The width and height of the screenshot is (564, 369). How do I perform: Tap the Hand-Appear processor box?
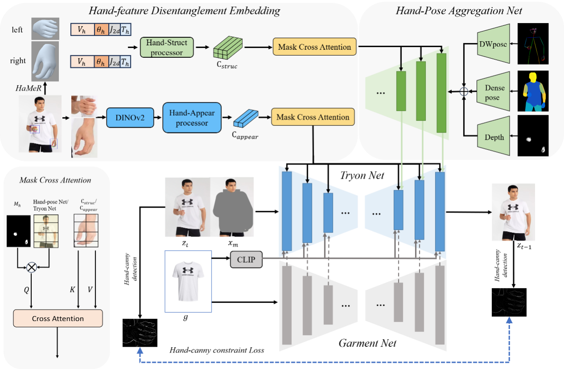coord(192,117)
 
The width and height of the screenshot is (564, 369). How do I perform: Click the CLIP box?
coord(246,260)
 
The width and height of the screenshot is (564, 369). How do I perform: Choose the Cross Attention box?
coord(58,318)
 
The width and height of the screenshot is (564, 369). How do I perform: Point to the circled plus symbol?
coord(464,91)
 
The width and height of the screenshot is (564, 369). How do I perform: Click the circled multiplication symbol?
coord(32,267)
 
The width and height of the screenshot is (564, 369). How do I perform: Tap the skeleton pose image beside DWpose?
coord(533,44)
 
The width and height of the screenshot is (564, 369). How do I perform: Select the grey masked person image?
coord(232,208)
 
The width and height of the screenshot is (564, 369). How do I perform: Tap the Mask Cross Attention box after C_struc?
coord(315,47)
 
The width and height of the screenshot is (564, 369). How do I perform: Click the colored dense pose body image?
coord(533,91)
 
